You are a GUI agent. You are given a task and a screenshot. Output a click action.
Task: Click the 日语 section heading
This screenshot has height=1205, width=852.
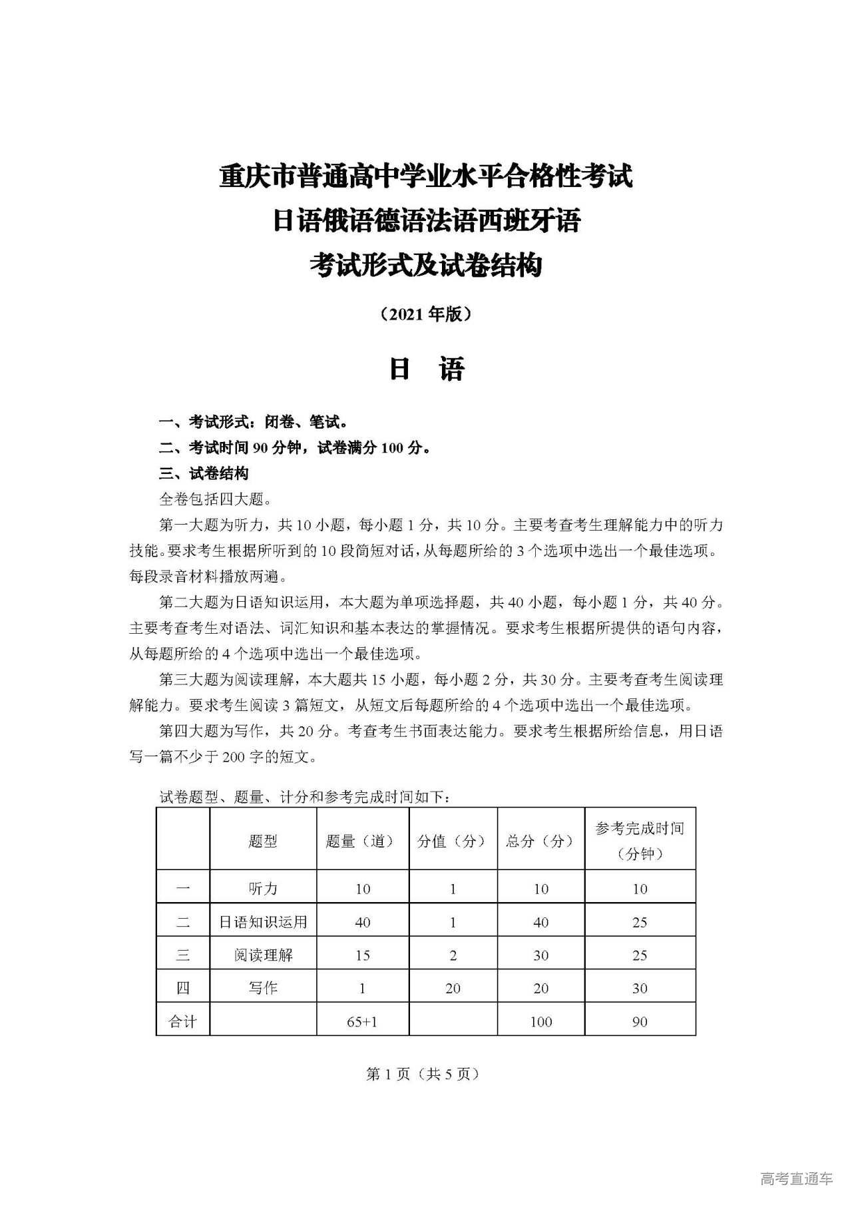[x=426, y=369]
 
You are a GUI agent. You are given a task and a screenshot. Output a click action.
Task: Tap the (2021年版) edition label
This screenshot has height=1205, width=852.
[x=426, y=314]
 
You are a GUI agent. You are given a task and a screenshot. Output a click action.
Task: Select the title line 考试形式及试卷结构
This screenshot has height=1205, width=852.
[x=426, y=266]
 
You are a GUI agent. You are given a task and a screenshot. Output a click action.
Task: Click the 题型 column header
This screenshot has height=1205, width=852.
[x=263, y=841]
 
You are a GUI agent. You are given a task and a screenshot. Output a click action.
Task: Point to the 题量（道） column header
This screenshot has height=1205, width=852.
[x=362, y=841]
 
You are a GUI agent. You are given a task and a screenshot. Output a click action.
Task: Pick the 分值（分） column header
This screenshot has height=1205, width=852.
[x=453, y=841]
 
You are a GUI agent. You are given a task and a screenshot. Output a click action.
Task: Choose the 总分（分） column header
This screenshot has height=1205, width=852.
[x=540, y=841]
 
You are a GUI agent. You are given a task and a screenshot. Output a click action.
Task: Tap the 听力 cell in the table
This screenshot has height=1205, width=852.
[x=263, y=889]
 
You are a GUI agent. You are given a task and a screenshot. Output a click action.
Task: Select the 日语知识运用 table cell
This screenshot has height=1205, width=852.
[x=263, y=922]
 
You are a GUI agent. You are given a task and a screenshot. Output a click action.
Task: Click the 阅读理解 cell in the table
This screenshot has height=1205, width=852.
[x=263, y=955]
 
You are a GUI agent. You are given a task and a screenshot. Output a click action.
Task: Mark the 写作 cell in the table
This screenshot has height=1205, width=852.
[x=263, y=988]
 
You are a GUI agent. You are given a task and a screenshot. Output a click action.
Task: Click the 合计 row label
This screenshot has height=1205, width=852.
[x=182, y=1021]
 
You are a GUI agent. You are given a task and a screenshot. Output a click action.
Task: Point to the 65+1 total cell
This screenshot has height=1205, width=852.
[x=362, y=1021]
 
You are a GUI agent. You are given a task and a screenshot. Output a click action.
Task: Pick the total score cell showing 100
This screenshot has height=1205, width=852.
[x=540, y=1021]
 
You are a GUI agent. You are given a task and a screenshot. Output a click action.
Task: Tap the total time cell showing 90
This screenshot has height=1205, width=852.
[x=640, y=1021]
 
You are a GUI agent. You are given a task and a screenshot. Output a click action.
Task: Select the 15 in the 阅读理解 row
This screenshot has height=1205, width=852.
[x=362, y=955]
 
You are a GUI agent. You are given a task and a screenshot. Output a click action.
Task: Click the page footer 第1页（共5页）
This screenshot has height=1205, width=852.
[x=423, y=1074]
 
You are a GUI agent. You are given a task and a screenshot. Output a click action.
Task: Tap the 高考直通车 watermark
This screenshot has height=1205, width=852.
[x=796, y=1179]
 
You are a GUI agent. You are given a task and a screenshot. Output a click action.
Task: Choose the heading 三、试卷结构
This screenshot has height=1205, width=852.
[x=204, y=473]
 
